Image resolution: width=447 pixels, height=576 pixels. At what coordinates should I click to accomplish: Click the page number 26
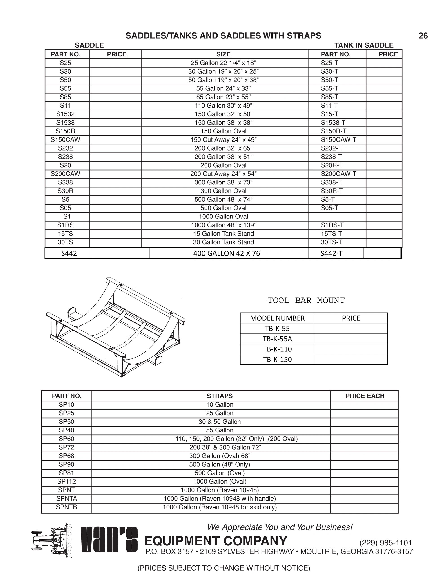423,36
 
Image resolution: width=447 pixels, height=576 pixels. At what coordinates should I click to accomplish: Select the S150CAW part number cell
65,140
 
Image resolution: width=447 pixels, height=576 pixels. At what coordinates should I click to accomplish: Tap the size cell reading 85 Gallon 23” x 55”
223,97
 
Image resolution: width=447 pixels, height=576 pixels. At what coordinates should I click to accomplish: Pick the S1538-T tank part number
333,123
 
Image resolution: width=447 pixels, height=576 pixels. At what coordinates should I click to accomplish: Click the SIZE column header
223,54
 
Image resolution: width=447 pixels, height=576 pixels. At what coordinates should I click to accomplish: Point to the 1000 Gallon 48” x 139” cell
223,225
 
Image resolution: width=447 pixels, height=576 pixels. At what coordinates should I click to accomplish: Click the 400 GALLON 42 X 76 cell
227,253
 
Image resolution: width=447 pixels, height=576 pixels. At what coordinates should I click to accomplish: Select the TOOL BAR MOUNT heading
306,300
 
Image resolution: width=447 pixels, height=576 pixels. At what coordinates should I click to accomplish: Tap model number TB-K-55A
277,339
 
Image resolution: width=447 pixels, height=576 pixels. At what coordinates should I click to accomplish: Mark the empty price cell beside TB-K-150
351,360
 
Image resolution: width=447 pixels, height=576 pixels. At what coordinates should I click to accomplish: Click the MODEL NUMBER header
277,318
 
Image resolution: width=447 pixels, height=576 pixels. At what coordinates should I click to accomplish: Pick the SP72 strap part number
66,447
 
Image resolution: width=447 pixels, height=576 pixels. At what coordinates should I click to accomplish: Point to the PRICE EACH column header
365,396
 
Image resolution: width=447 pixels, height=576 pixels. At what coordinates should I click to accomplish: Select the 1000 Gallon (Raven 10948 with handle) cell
220,499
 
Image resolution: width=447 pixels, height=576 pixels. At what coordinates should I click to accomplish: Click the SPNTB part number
66,507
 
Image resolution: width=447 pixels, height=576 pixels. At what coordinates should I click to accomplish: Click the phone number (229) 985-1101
385,543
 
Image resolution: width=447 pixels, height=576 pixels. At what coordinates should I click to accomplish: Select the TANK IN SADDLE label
364,45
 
